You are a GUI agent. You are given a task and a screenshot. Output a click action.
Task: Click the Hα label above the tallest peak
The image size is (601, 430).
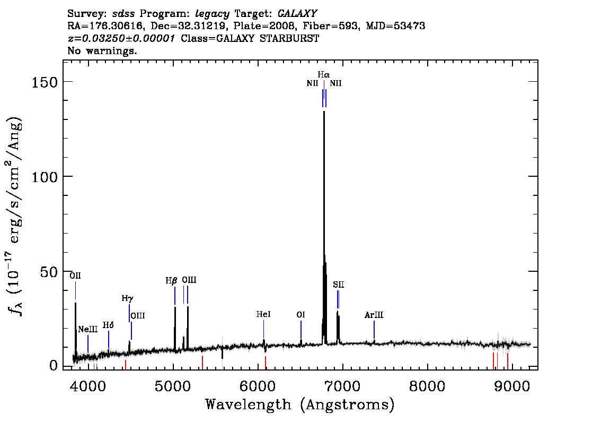point(323,74)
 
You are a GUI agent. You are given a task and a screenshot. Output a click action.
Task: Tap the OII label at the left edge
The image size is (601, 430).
point(75,276)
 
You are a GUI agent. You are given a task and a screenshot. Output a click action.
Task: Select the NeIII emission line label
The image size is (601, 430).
point(88,330)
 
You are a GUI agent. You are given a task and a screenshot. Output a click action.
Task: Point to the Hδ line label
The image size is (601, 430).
point(108,325)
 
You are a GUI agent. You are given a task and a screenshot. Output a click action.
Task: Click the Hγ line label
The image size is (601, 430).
point(127,298)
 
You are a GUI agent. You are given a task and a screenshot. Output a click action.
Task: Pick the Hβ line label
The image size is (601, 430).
point(171,281)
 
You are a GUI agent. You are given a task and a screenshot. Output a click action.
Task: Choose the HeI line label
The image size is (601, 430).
point(263,314)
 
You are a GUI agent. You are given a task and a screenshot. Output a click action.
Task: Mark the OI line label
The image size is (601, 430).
point(301,315)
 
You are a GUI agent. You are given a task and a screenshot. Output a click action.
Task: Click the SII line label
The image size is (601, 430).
point(339,285)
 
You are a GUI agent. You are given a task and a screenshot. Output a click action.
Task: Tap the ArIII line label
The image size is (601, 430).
point(374,315)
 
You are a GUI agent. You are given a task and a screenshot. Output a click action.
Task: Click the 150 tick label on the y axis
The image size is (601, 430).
point(45,82)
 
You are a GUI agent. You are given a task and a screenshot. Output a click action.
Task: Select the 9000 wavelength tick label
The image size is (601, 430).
point(512,386)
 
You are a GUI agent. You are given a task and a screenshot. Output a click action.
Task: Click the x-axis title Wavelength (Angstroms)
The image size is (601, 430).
point(300,405)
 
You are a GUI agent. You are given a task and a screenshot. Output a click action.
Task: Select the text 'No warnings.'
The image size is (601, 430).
point(102,50)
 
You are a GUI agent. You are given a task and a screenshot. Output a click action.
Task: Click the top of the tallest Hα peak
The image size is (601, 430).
point(324,111)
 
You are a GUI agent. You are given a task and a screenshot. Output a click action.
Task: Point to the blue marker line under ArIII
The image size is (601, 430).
point(374,330)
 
